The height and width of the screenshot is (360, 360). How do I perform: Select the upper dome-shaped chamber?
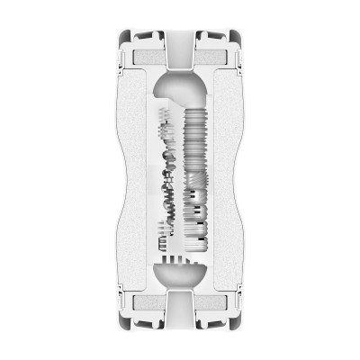point(179,90)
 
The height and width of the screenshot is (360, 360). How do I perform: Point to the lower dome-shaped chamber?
point(179,274)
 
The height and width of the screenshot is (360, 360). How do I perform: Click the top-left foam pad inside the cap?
point(144,57)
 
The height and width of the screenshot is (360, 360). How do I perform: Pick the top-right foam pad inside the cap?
point(215,57)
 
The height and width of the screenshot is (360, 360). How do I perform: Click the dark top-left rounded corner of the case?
point(122,38)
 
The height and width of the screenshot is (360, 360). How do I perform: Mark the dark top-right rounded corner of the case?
point(238,38)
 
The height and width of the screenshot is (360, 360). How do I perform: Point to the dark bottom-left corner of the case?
point(122,322)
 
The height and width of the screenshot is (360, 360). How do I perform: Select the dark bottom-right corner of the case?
point(238,322)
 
